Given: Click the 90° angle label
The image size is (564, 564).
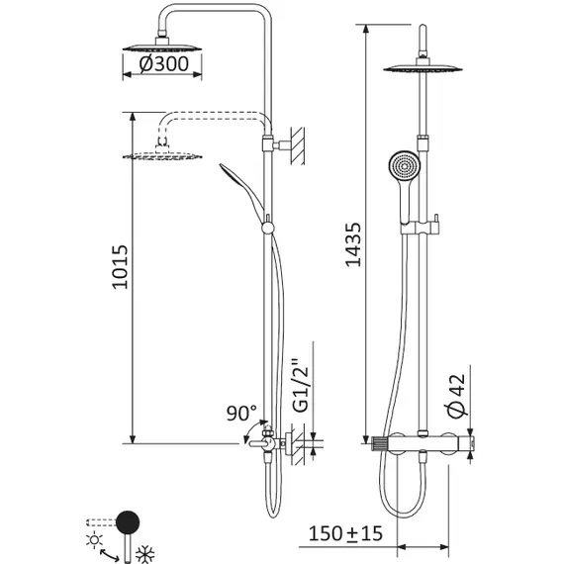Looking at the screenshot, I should coord(241,412).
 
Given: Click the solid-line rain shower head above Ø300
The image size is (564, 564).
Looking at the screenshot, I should coord(163,47).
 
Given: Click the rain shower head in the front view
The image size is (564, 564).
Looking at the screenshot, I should coord(427,69).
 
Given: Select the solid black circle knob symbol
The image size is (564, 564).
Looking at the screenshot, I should coord(128,521).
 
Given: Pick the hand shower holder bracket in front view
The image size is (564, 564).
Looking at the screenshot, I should coord(416,228).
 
